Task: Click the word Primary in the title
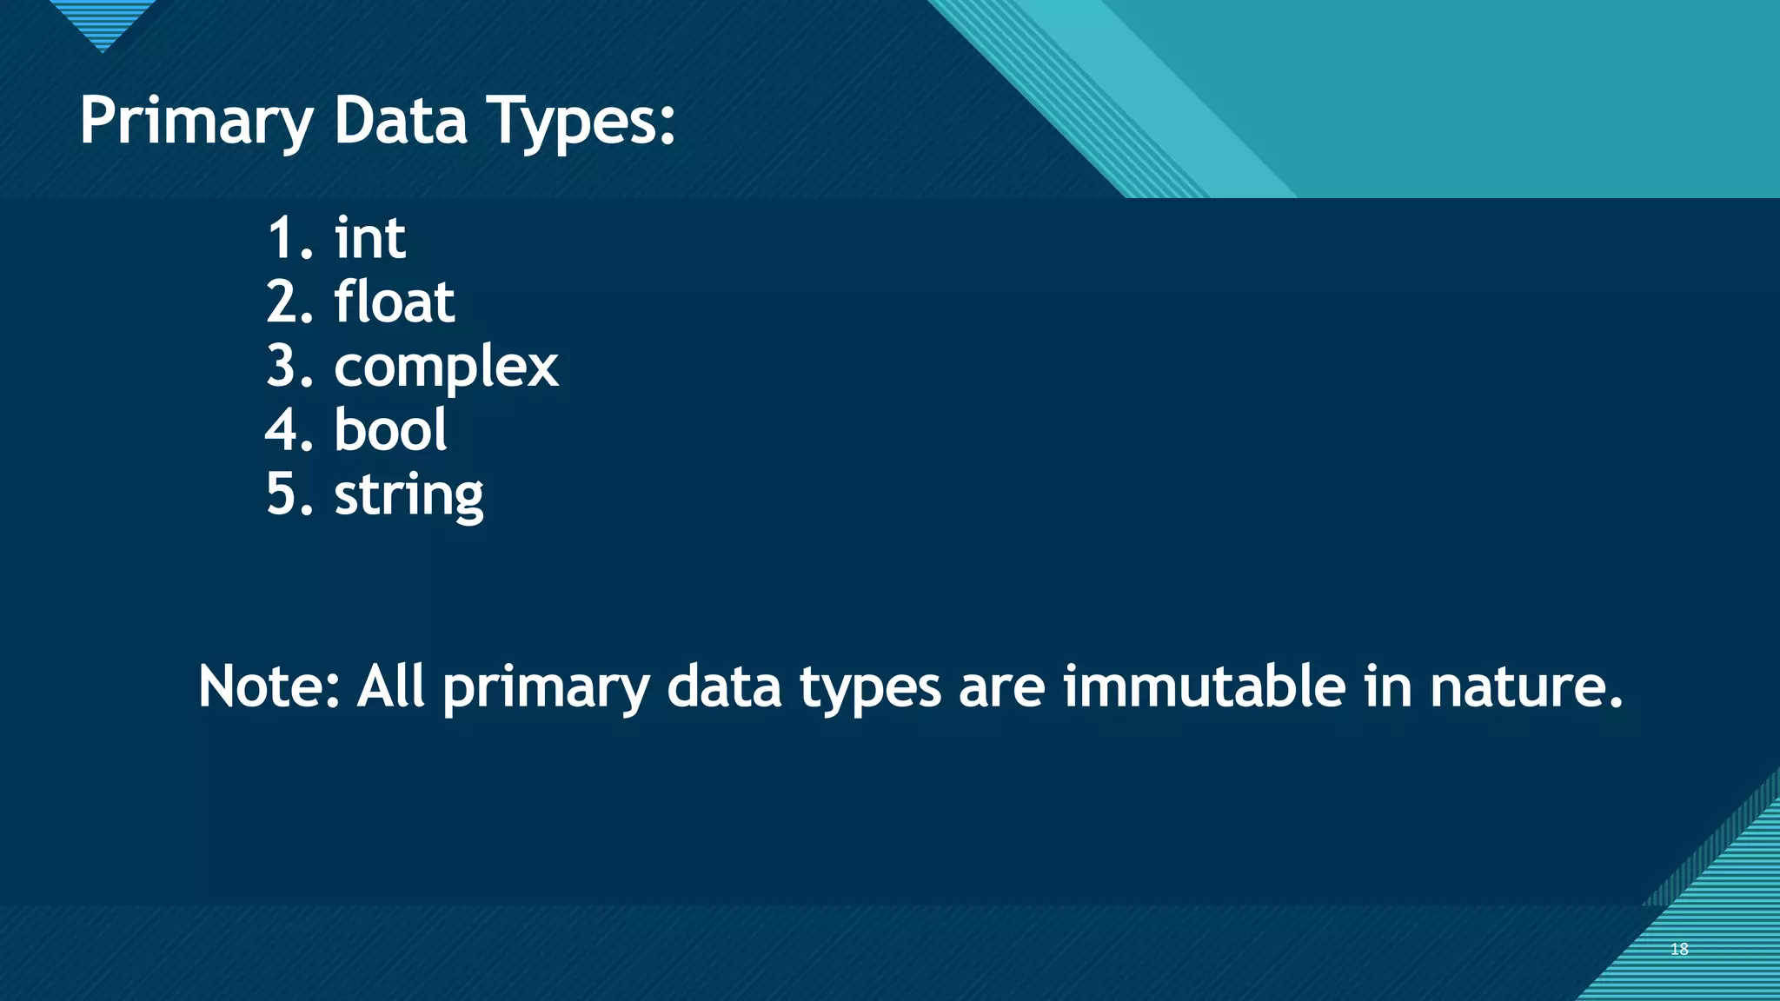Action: click(196, 122)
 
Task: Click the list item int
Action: click(370, 238)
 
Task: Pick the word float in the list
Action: click(394, 302)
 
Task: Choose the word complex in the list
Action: click(446, 367)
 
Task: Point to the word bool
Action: click(390, 430)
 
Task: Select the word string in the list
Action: click(408, 495)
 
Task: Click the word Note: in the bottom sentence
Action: click(269, 686)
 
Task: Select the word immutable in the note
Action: click(1204, 686)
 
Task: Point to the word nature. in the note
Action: click(1525, 686)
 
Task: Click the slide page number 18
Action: click(1679, 949)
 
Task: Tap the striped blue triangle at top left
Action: click(103, 22)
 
